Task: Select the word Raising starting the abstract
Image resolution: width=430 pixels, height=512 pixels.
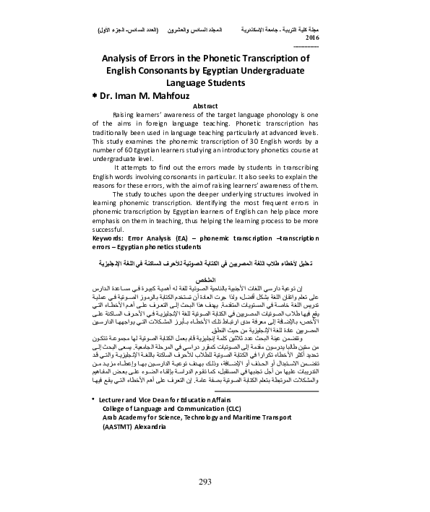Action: pos(126,114)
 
